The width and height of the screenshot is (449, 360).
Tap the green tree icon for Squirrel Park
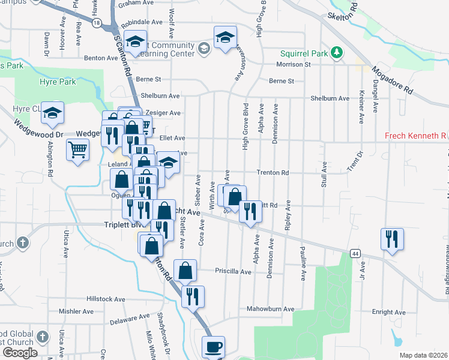[x=337, y=53]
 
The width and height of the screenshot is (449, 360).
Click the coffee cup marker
[x=214, y=347]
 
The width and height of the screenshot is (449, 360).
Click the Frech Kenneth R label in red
[x=414, y=136]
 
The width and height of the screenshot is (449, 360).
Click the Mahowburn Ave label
[x=271, y=309]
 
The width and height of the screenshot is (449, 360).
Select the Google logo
[x=19, y=352]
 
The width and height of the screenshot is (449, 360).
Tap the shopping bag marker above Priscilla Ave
[x=185, y=270]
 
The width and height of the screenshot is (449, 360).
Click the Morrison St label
[x=293, y=64]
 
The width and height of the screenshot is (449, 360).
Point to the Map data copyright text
[x=423, y=355]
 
